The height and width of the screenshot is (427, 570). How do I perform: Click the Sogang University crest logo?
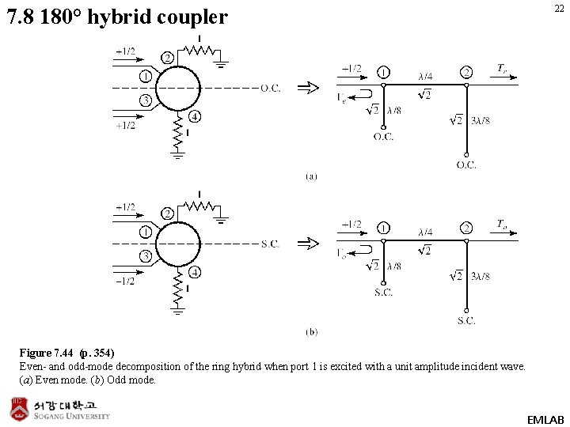[19, 410]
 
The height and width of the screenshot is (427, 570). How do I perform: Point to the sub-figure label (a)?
[311, 176]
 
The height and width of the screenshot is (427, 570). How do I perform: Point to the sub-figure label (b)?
[311, 332]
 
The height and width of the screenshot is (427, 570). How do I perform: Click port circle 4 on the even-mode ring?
[195, 117]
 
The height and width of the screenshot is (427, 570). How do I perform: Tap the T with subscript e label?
[502, 69]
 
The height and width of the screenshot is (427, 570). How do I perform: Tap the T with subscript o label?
[502, 225]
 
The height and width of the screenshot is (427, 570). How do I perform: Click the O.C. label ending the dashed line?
[271, 88]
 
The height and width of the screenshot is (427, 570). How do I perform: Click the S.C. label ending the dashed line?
[270, 244]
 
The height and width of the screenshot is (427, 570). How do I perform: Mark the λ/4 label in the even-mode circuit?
[425, 77]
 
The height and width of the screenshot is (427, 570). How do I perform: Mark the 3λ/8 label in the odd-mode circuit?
[481, 276]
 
